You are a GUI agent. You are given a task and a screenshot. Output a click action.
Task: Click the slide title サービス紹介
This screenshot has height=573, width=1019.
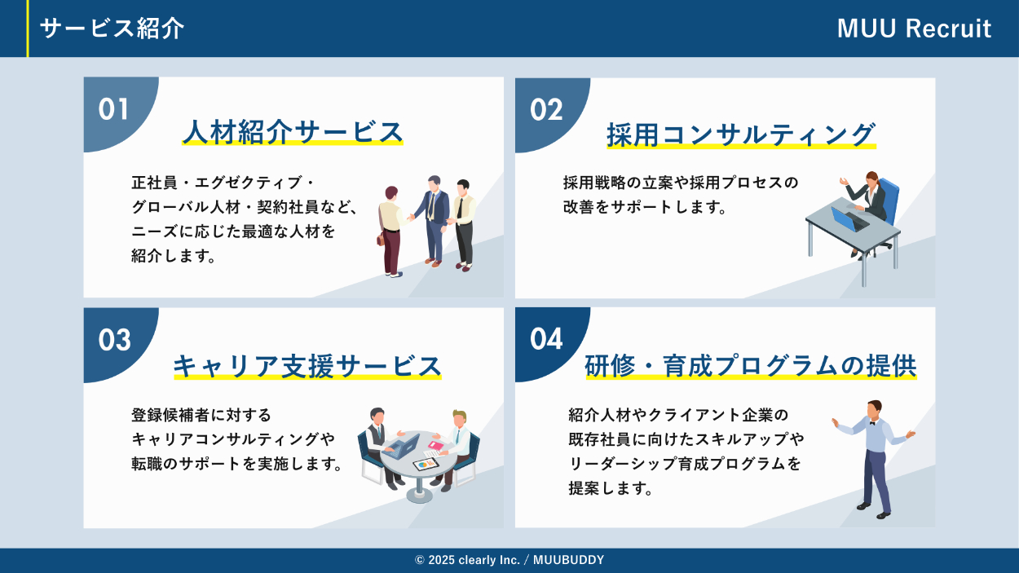[x=112, y=29]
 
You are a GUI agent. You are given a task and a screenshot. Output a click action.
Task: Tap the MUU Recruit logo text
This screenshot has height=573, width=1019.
[x=914, y=29]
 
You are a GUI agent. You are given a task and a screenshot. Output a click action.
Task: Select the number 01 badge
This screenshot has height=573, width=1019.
[x=113, y=109]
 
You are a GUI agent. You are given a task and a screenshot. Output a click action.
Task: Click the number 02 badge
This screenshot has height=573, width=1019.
[x=546, y=110]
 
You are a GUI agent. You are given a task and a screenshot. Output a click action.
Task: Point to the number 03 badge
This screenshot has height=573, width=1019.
[x=114, y=340]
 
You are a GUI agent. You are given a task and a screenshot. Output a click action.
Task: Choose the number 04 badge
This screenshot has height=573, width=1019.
[x=546, y=339]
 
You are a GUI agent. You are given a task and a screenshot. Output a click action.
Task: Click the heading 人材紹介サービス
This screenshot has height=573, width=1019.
[x=293, y=132]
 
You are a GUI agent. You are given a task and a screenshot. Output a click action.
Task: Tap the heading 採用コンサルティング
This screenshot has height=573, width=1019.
[x=741, y=135]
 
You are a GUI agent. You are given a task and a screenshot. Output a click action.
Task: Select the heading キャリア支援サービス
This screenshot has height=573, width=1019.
[x=307, y=366]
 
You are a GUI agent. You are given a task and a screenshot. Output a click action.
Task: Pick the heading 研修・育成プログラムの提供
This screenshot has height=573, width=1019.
[x=751, y=366]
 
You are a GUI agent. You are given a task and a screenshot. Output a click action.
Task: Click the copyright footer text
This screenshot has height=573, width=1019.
[x=509, y=560]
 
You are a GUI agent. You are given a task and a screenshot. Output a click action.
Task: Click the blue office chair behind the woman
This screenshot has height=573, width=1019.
[x=889, y=200]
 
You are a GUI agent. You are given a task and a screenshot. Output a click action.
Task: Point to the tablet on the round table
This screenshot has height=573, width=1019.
[x=426, y=465]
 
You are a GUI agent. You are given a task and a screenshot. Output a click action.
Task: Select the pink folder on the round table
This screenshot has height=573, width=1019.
[x=435, y=445]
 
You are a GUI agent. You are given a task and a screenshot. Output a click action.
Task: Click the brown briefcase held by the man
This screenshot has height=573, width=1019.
[x=381, y=239]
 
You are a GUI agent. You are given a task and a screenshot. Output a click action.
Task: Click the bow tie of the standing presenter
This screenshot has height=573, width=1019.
[x=872, y=423]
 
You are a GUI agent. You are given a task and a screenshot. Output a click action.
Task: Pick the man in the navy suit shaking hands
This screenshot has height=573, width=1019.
[x=433, y=221]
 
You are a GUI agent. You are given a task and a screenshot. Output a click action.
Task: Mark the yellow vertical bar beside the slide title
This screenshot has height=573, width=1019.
[x=28, y=29]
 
